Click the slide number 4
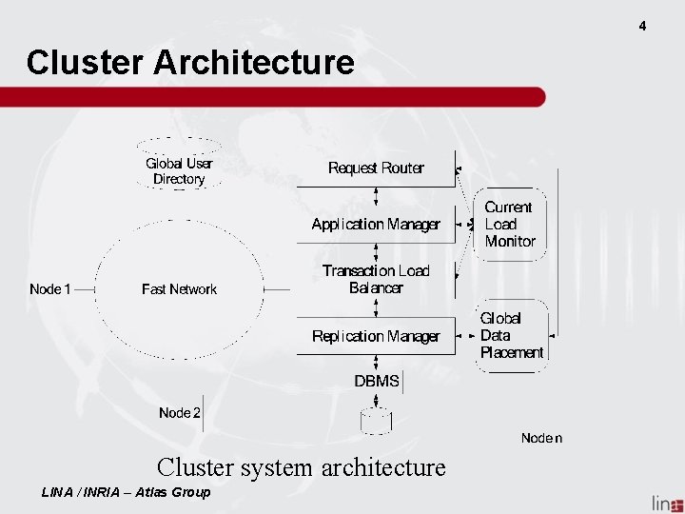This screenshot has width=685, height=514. click(642, 27)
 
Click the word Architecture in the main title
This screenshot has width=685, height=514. click(254, 62)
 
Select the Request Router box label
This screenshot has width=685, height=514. click(376, 168)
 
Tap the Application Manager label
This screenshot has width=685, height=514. click(376, 225)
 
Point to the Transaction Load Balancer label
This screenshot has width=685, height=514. click(376, 279)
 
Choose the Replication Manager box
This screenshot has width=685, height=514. click(376, 336)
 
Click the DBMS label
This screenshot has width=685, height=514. click(377, 381)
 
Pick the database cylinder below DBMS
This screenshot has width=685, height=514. click(376, 422)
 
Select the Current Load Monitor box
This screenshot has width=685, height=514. click(510, 225)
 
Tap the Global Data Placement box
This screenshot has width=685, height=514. click(512, 336)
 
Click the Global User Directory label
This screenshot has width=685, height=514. click(179, 171)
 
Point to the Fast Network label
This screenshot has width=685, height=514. click(179, 289)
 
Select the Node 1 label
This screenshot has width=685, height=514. click(49, 289)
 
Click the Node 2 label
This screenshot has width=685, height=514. click(179, 412)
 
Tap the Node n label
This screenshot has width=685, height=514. click(541, 438)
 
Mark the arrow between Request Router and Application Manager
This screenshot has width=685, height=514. click(376, 196)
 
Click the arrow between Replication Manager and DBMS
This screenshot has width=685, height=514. click(376, 363)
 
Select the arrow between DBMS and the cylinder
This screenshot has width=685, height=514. click(376, 401)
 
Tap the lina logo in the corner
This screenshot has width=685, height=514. click(667, 504)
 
